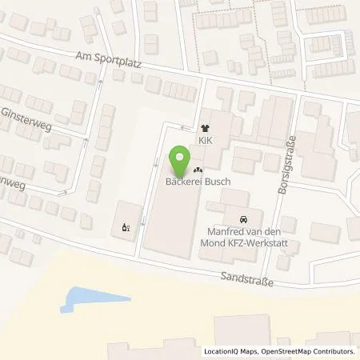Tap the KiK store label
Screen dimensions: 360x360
(206, 138)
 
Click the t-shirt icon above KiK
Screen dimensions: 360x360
(206, 126)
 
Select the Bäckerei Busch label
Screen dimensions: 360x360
(197, 182)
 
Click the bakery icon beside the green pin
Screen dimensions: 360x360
(198, 169)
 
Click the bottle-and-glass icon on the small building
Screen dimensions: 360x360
(125, 226)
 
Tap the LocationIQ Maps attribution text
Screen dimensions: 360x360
(229, 351)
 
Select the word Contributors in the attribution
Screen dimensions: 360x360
(334, 351)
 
